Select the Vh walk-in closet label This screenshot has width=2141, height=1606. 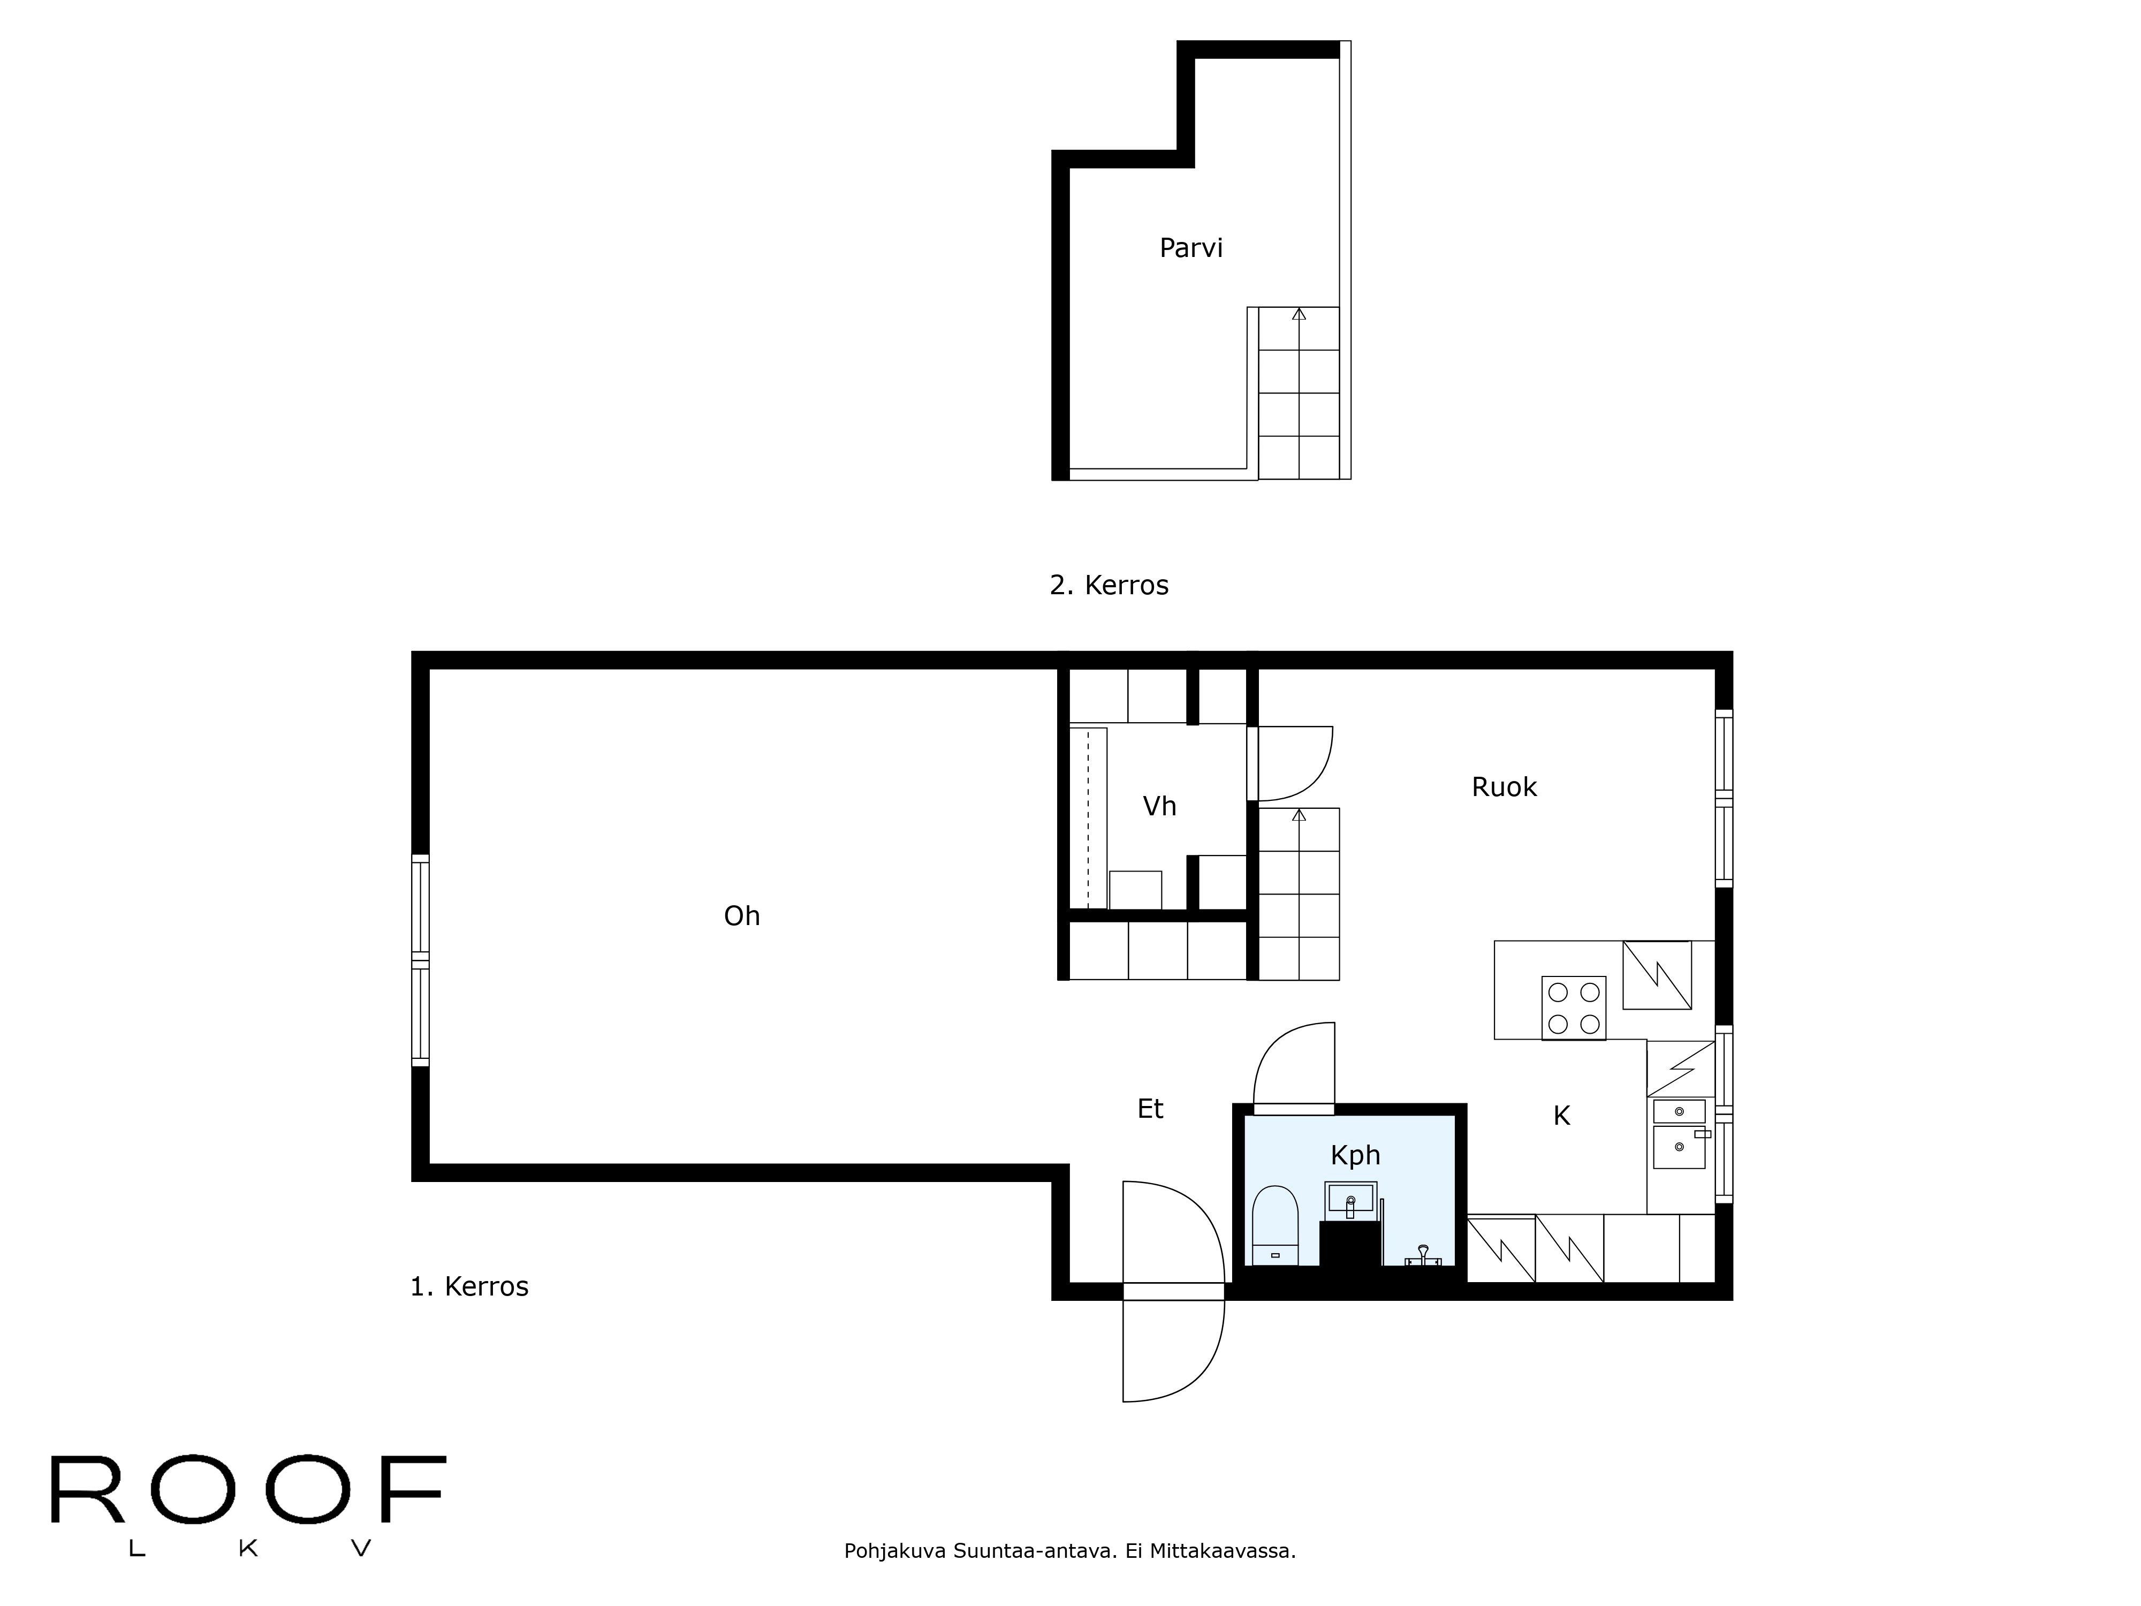pyautogui.click(x=1159, y=806)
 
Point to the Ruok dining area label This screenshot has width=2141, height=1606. pyautogui.click(x=1504, y=787)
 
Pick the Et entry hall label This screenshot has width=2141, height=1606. pyautogui.click(x=1150, y=1109)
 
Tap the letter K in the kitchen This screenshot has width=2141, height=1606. pyautogui.click(x=1561, y=1116)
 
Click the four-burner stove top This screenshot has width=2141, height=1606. pyautogui.click(x=1573, y=1007)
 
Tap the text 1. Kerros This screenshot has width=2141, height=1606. pyautogui.click(x=469, y=1286)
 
